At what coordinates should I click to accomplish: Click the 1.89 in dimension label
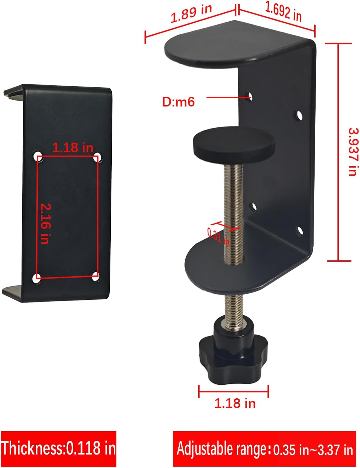point(191,14)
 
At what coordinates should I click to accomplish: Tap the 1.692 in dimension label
point(283,12)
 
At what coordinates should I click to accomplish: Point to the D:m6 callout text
point(178,102)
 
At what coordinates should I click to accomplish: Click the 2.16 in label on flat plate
point(46,224)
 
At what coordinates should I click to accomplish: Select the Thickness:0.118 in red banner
point(59,448)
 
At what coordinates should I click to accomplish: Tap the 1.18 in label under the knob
point(235,403)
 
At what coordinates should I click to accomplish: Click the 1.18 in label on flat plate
point(73,147)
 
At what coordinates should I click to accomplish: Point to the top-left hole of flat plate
point(38,155)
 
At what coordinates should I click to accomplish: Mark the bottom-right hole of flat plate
point(96,276)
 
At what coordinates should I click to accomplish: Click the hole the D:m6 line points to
point(251,97)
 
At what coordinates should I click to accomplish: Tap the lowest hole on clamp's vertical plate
point(300,231)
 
